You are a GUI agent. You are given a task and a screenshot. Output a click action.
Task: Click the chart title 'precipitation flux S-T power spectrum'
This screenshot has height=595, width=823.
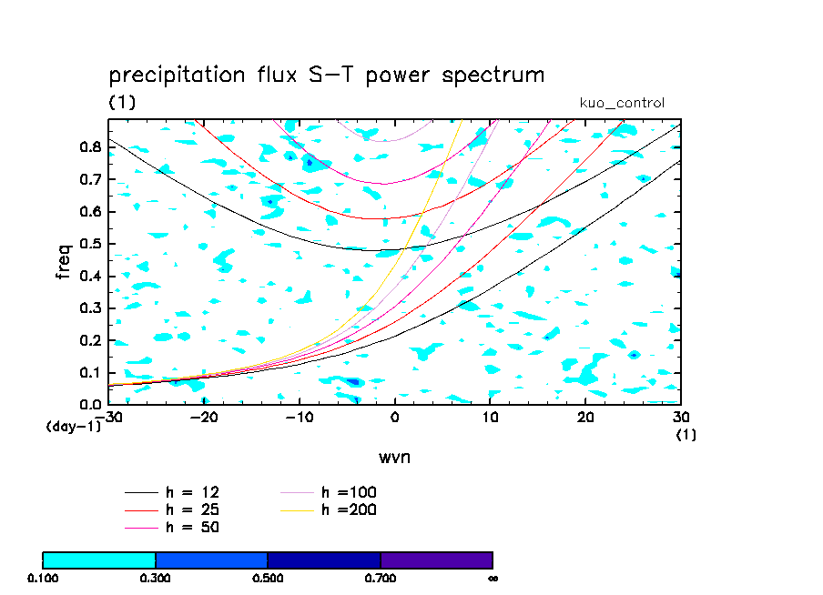[326, 76]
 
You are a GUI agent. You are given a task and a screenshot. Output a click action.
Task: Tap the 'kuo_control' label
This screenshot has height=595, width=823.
[622, 103]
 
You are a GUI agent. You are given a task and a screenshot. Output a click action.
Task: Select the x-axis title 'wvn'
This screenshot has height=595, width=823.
[394, 457]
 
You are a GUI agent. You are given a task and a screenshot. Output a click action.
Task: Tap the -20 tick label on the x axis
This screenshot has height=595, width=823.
[204, 418]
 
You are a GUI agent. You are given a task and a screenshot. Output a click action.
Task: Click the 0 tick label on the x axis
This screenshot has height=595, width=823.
[395, 418]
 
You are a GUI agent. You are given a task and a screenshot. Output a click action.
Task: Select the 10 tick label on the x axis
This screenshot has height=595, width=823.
[491, 418]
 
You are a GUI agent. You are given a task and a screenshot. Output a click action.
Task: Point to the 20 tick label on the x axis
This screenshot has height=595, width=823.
[586, 418]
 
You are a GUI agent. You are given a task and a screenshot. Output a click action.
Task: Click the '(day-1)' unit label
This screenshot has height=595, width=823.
[73, 426]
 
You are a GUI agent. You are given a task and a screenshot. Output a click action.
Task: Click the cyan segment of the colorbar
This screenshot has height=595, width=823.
[99, 560]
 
